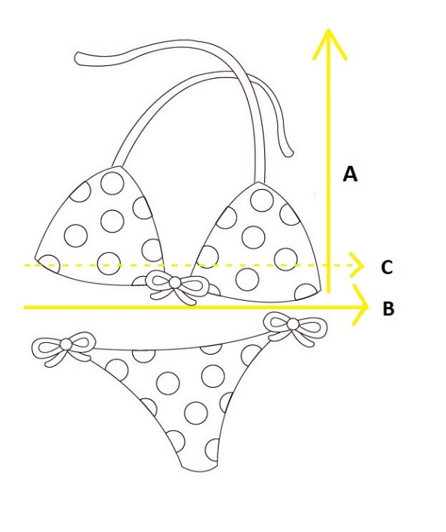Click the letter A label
[351, 174]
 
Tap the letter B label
[389, 308]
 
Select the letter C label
[387, 267]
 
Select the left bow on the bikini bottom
[64, 347]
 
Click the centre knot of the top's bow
[175, 282]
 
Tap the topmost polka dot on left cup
[113, 183]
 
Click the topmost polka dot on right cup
[262, 200]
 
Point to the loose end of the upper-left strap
[78, 59]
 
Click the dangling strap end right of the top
[289, 154]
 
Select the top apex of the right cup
[258, 182]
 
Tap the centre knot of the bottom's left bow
[66, 344]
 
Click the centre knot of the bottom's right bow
[293, 323]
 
